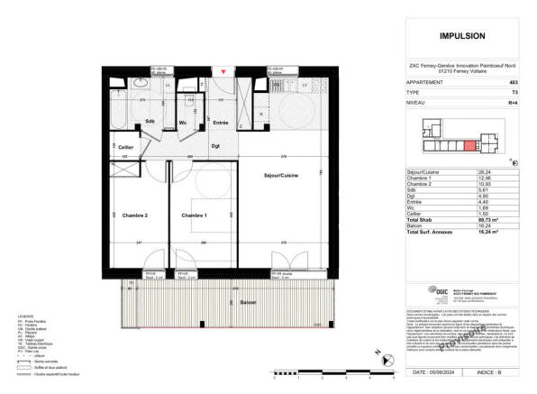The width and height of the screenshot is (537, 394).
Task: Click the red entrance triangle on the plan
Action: [223, 70]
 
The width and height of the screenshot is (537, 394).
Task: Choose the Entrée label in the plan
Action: [219, 122]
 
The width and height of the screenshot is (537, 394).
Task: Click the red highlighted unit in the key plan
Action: [469, 145]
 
